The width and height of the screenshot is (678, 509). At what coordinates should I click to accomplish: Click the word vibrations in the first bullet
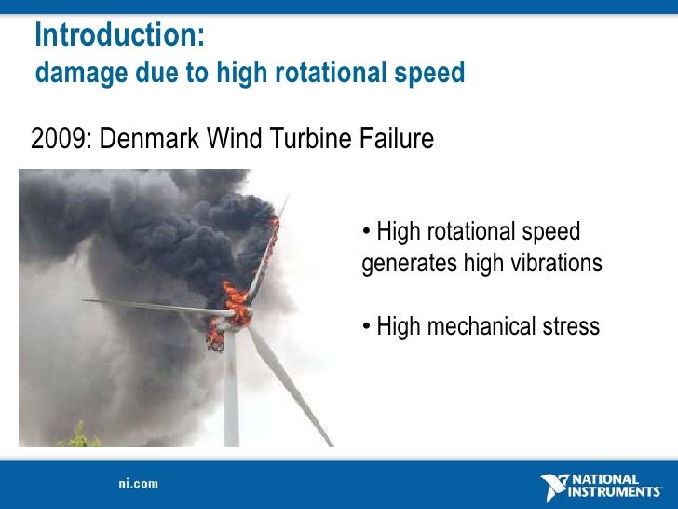pos(556,264)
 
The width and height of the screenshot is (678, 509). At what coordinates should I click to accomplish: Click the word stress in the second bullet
pos(570,327)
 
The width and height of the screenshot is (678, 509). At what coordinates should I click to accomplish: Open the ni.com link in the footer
pos(138,484)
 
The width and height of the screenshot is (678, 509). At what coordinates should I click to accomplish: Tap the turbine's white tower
pos(231,392)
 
